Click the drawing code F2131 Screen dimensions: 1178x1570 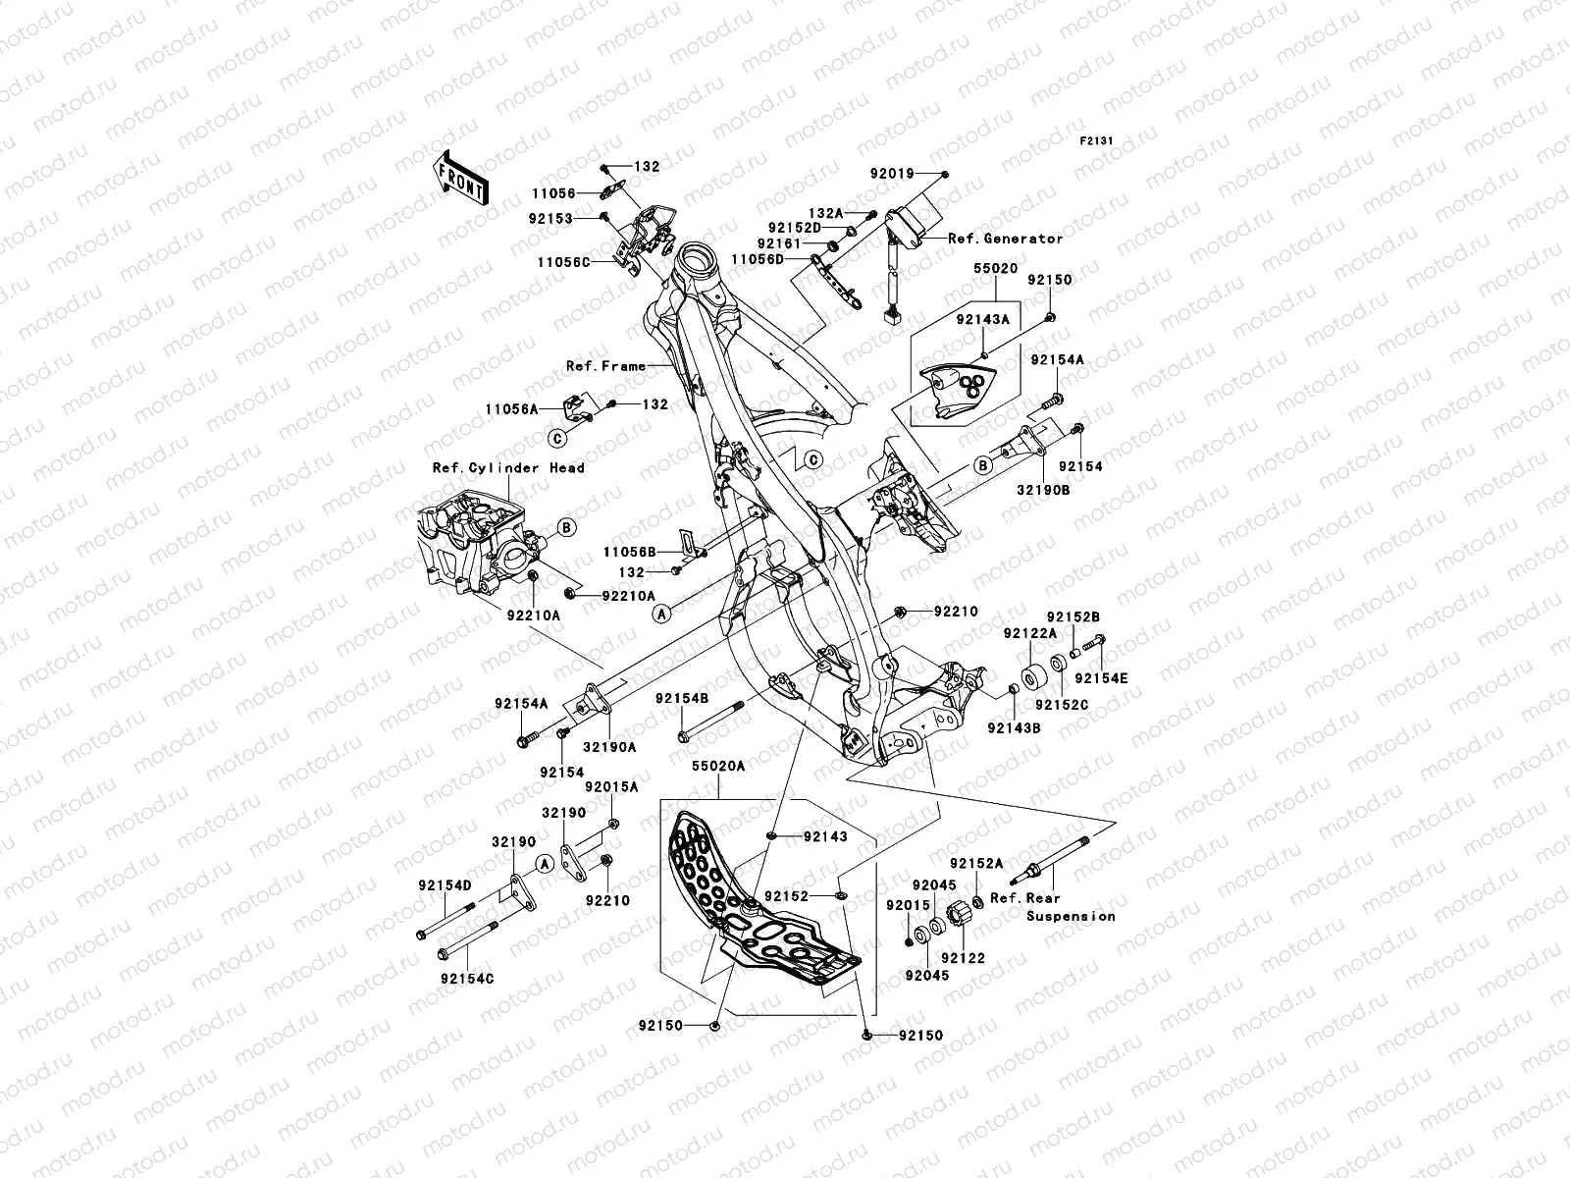click(1097, 141)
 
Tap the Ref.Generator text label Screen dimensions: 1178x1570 click(1005, 239)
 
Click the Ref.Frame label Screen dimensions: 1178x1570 click(605, 366)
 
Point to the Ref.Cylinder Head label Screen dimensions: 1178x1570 click(508, 468)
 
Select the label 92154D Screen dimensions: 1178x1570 click(445, 885)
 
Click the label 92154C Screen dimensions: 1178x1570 click(467, 979)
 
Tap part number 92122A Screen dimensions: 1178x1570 click(1029, 633)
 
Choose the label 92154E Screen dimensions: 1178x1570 click(1101, 678)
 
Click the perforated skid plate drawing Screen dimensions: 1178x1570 click(756, 903)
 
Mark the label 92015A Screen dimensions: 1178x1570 click(611, 786)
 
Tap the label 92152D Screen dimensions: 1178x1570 click(795, 226)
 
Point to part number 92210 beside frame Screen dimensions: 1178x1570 click(956, 612)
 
